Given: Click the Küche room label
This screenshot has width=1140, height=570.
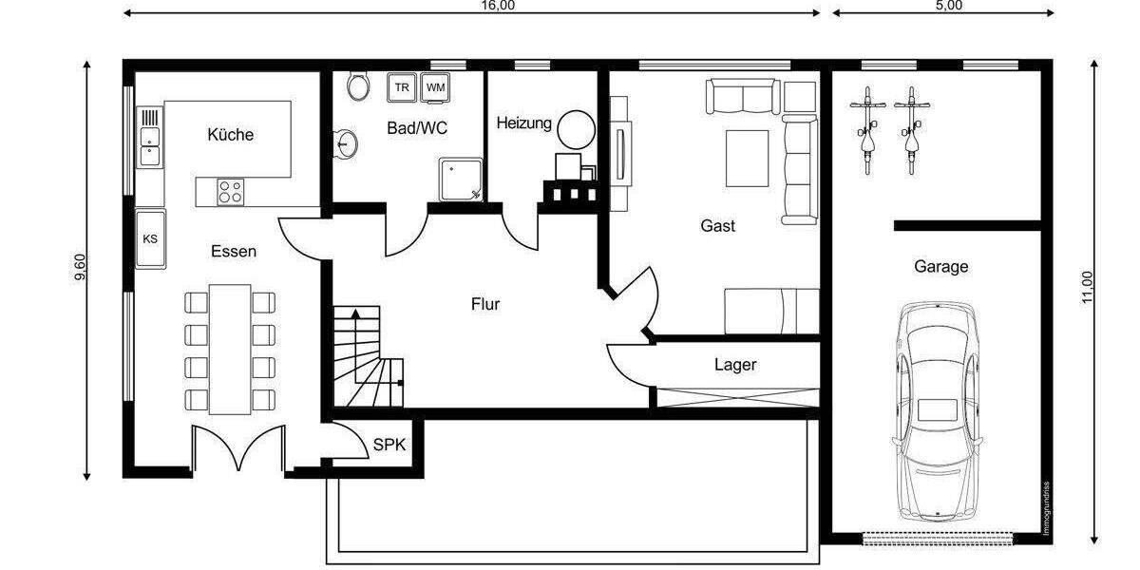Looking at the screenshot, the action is pyautogui.click(x=230, y=135).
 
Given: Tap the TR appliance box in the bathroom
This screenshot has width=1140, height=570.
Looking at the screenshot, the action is pyautogui.click(x=403, y=87).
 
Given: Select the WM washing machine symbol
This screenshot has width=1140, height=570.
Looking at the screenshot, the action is pyautogui.click(x=436, y=87).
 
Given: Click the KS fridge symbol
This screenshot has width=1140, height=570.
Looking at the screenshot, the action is pyautogui.click(x=150, y=238).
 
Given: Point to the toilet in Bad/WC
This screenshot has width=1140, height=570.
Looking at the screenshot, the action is pyautogui.click(x=359, y=86).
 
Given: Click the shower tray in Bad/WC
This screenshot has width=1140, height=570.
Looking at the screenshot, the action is pyautogui.click(x=460, y=180).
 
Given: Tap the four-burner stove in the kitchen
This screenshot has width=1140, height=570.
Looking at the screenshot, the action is pyautogui.click(x=230, y=192).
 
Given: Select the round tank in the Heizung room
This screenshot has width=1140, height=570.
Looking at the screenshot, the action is pyautogui.click(x=575, y=128).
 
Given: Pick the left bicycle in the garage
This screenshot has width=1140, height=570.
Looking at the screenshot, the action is pyautogui.click(x=866, y=130).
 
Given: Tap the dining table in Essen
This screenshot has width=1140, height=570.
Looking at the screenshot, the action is pyautogui.click(x=230, y=349).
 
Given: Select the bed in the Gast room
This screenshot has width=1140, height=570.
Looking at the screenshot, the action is pyautogui.click(x=771, y=311).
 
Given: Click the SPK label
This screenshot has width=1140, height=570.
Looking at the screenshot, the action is pyautogui.click(x=387, y=445).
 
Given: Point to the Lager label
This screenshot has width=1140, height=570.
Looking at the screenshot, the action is pyautogui.click(x=735, y=365).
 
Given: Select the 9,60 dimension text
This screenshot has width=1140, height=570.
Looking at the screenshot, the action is pyautogui.click(x=82, y=269).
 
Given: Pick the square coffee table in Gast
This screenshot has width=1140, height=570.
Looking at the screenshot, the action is pyautogui.click(x=748, y=159).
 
